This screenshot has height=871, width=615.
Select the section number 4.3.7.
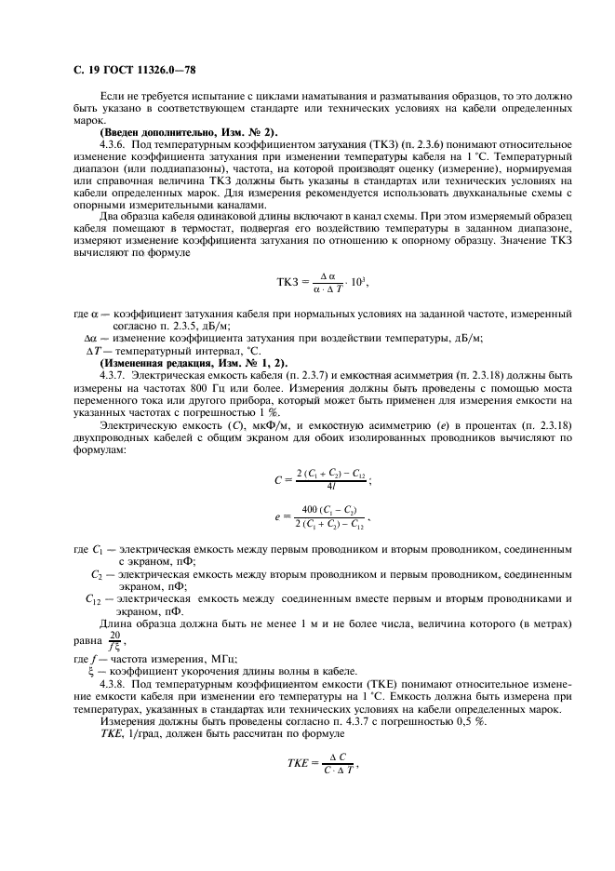point(115,373)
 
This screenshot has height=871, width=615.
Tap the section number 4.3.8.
point(115,684)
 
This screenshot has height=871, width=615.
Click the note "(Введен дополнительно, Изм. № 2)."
point(171,132)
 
